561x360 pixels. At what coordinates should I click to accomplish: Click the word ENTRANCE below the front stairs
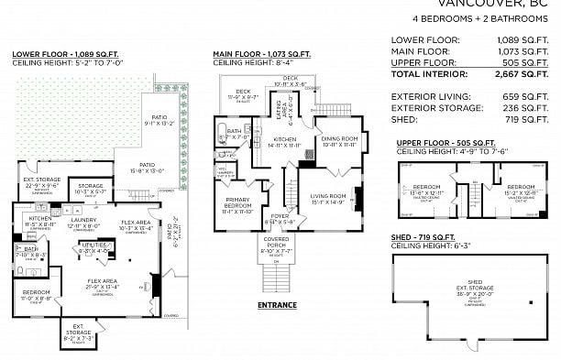pos(276,304)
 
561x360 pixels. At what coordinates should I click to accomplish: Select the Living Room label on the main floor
pos(327,196)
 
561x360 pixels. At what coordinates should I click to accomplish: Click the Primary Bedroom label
pos(236,207)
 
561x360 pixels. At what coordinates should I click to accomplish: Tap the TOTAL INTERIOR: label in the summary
pos(430,75)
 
